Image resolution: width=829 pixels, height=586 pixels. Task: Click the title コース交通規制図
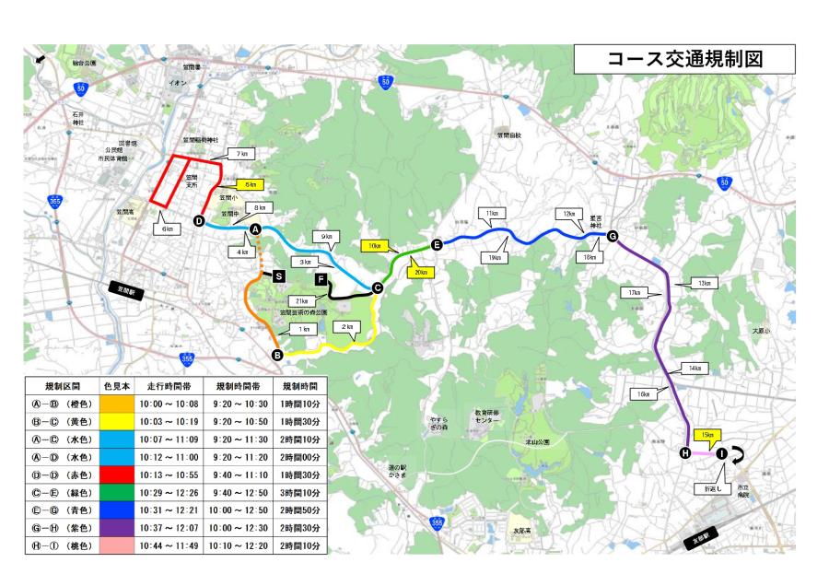point(685,59)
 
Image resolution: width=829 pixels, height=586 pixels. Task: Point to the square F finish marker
point(321,278)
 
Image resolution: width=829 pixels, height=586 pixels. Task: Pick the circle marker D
point(198,220)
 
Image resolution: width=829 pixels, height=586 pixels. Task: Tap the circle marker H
point(684,453)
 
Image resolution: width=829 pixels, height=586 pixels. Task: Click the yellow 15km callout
point(707,434)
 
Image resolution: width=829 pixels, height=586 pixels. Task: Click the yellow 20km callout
point(421,272)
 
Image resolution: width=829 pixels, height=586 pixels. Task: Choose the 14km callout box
point(694,369)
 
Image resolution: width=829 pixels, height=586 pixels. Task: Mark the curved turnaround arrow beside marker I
point(740,452)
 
